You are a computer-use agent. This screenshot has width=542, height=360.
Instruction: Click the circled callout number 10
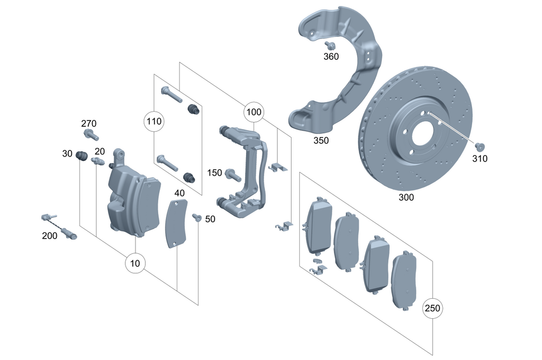point(135,263)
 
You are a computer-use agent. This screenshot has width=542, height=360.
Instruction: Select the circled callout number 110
point(154,121)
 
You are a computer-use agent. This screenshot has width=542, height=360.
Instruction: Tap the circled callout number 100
point(254,113)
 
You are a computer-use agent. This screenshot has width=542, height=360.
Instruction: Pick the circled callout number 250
point(433,308)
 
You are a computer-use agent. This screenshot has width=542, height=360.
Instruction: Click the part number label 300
point(406,197)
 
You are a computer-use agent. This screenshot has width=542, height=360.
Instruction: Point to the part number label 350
point(321,140)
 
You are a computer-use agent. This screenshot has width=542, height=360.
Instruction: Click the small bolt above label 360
point(328,46)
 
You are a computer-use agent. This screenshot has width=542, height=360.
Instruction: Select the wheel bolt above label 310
point(479,146)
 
